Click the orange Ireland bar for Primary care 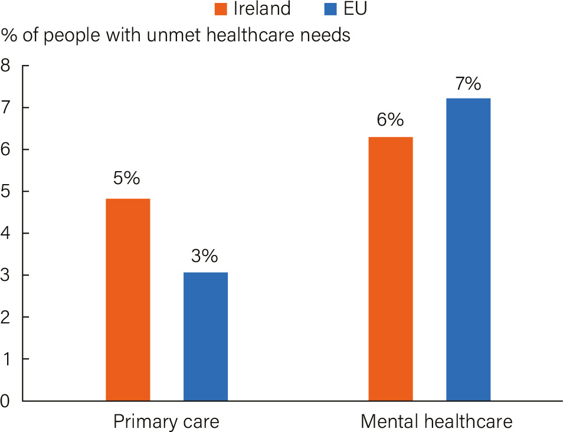(127, 300)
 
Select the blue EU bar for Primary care (205, 336)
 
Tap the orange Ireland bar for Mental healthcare (391, 269)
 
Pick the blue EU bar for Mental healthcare (468, 249)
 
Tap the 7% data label (468, 84)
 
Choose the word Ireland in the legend (262, 9)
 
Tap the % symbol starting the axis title (8, 35)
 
